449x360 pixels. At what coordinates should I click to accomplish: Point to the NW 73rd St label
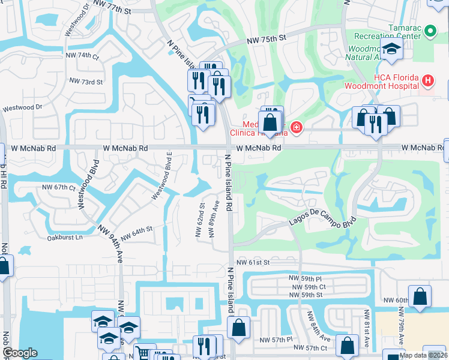coord(86,81)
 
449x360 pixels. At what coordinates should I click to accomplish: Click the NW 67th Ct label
coord(58,188)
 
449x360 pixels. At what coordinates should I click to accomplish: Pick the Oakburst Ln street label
coord(64,238)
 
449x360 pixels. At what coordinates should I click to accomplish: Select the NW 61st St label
coord(254,262)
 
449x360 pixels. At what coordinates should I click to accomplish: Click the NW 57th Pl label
coord(276,340)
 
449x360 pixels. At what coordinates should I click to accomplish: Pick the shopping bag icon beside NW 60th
coord(420,296)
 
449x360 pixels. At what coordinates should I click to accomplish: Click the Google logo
coord(20,353)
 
